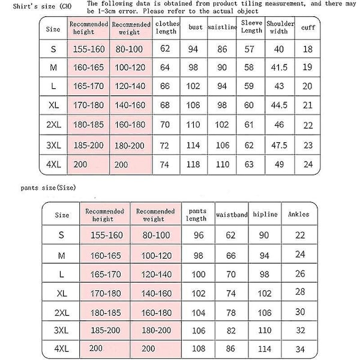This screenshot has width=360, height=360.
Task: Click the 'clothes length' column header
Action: tap(166, 28)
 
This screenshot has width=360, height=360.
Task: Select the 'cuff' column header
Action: tap(308, 28)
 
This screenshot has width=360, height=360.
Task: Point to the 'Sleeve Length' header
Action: tap(251, 28)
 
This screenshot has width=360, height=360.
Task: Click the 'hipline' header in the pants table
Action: tap(265, 214)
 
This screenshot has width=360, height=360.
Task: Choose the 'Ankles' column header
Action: tap(299, 214)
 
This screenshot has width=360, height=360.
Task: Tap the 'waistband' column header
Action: tap(230, 214)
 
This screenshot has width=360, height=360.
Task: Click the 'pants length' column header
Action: tap(197, 214)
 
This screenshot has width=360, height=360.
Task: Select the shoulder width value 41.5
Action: tap(278, 67)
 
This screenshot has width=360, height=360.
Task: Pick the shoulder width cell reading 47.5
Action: tap(278, 145)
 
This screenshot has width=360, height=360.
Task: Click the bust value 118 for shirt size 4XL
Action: tap(193, 164)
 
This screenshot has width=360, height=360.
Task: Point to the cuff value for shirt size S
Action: tap(308, 49)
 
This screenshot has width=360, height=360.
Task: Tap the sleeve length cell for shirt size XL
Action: tap(249, 106)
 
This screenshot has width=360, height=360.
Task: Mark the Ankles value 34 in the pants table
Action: tap(301, 349)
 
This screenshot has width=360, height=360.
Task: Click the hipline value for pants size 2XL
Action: tap(265, 313)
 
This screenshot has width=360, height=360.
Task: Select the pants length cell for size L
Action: tap(198, 274)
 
